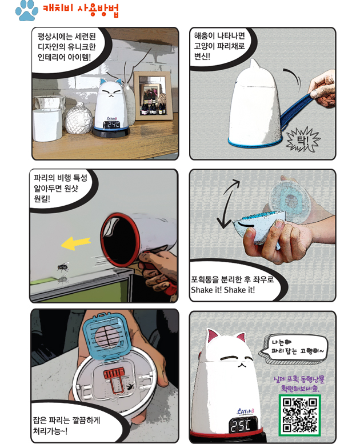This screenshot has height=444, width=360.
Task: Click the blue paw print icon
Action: coord(27,11)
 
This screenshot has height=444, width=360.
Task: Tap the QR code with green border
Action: coord(300,415)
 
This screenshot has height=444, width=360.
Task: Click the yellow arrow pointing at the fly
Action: coord(76,243)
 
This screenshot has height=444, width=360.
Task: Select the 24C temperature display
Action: coord(112,125)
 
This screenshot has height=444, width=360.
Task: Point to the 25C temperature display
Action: coord(241,425)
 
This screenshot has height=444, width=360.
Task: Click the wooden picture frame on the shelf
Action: coord(153,95)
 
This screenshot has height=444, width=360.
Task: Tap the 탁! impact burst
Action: coord(303,139)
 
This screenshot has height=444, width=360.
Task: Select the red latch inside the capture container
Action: coord(114,379)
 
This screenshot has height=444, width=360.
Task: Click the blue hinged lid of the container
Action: coord(107,335)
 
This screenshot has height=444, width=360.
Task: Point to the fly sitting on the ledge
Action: coord(63,266)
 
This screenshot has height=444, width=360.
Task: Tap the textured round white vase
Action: coord(79,118)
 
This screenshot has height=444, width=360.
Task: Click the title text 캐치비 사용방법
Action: coord(81,10)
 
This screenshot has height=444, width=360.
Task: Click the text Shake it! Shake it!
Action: coord(223,290)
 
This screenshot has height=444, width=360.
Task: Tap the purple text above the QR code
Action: coord(299,383)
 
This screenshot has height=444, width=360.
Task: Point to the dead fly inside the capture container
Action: coord(131,386)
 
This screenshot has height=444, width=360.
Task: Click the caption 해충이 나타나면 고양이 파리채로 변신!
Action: coord(219,46)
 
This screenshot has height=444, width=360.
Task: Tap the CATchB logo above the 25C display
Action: coord(246,411)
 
